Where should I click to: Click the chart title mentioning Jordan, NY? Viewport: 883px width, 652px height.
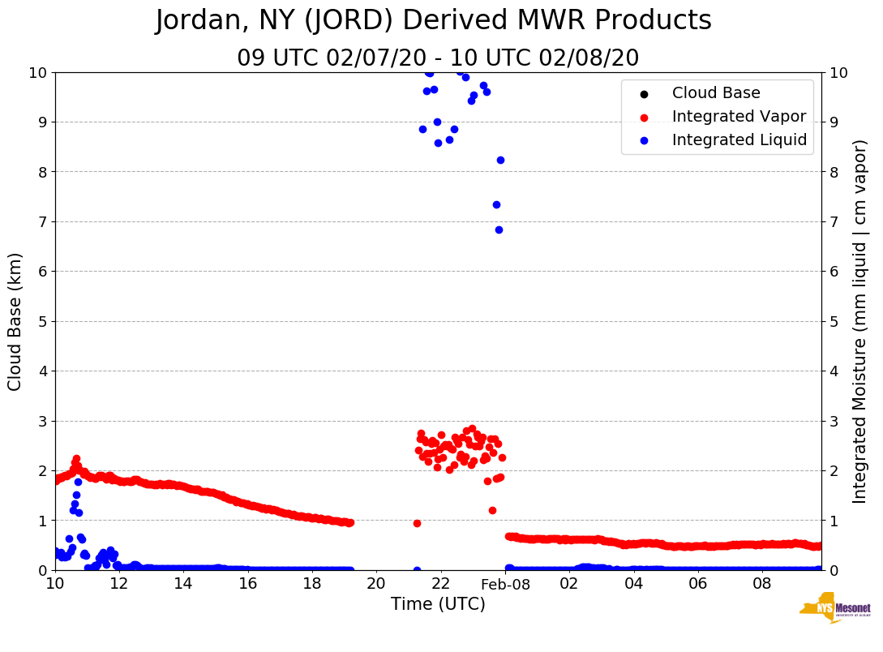(x=433, y=20)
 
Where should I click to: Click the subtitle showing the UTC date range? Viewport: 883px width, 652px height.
(x=438, y=58)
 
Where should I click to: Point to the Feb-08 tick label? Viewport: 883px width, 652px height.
(x=505, y=584)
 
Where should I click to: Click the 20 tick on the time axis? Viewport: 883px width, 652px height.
(x=376, y=584)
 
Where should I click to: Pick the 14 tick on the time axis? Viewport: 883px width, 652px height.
(x=183, y=584)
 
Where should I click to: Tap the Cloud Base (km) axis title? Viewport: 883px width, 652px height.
(x=15, y=321)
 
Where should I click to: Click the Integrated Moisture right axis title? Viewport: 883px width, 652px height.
(x=860, y=321)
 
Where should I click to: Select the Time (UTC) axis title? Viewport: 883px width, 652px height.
(x=438, y=604)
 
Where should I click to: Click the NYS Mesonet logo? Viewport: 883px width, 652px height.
(x=835, y=608)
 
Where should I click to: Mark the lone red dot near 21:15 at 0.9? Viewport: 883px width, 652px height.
(x=417, y=523)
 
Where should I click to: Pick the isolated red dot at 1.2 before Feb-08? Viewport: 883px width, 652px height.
(x=492, y=510)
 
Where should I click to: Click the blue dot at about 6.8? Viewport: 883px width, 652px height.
(x=499, y=229)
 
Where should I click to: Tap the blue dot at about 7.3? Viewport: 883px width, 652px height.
(x=496, y=204)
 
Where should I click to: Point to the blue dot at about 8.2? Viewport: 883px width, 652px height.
(x=500, y=160)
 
